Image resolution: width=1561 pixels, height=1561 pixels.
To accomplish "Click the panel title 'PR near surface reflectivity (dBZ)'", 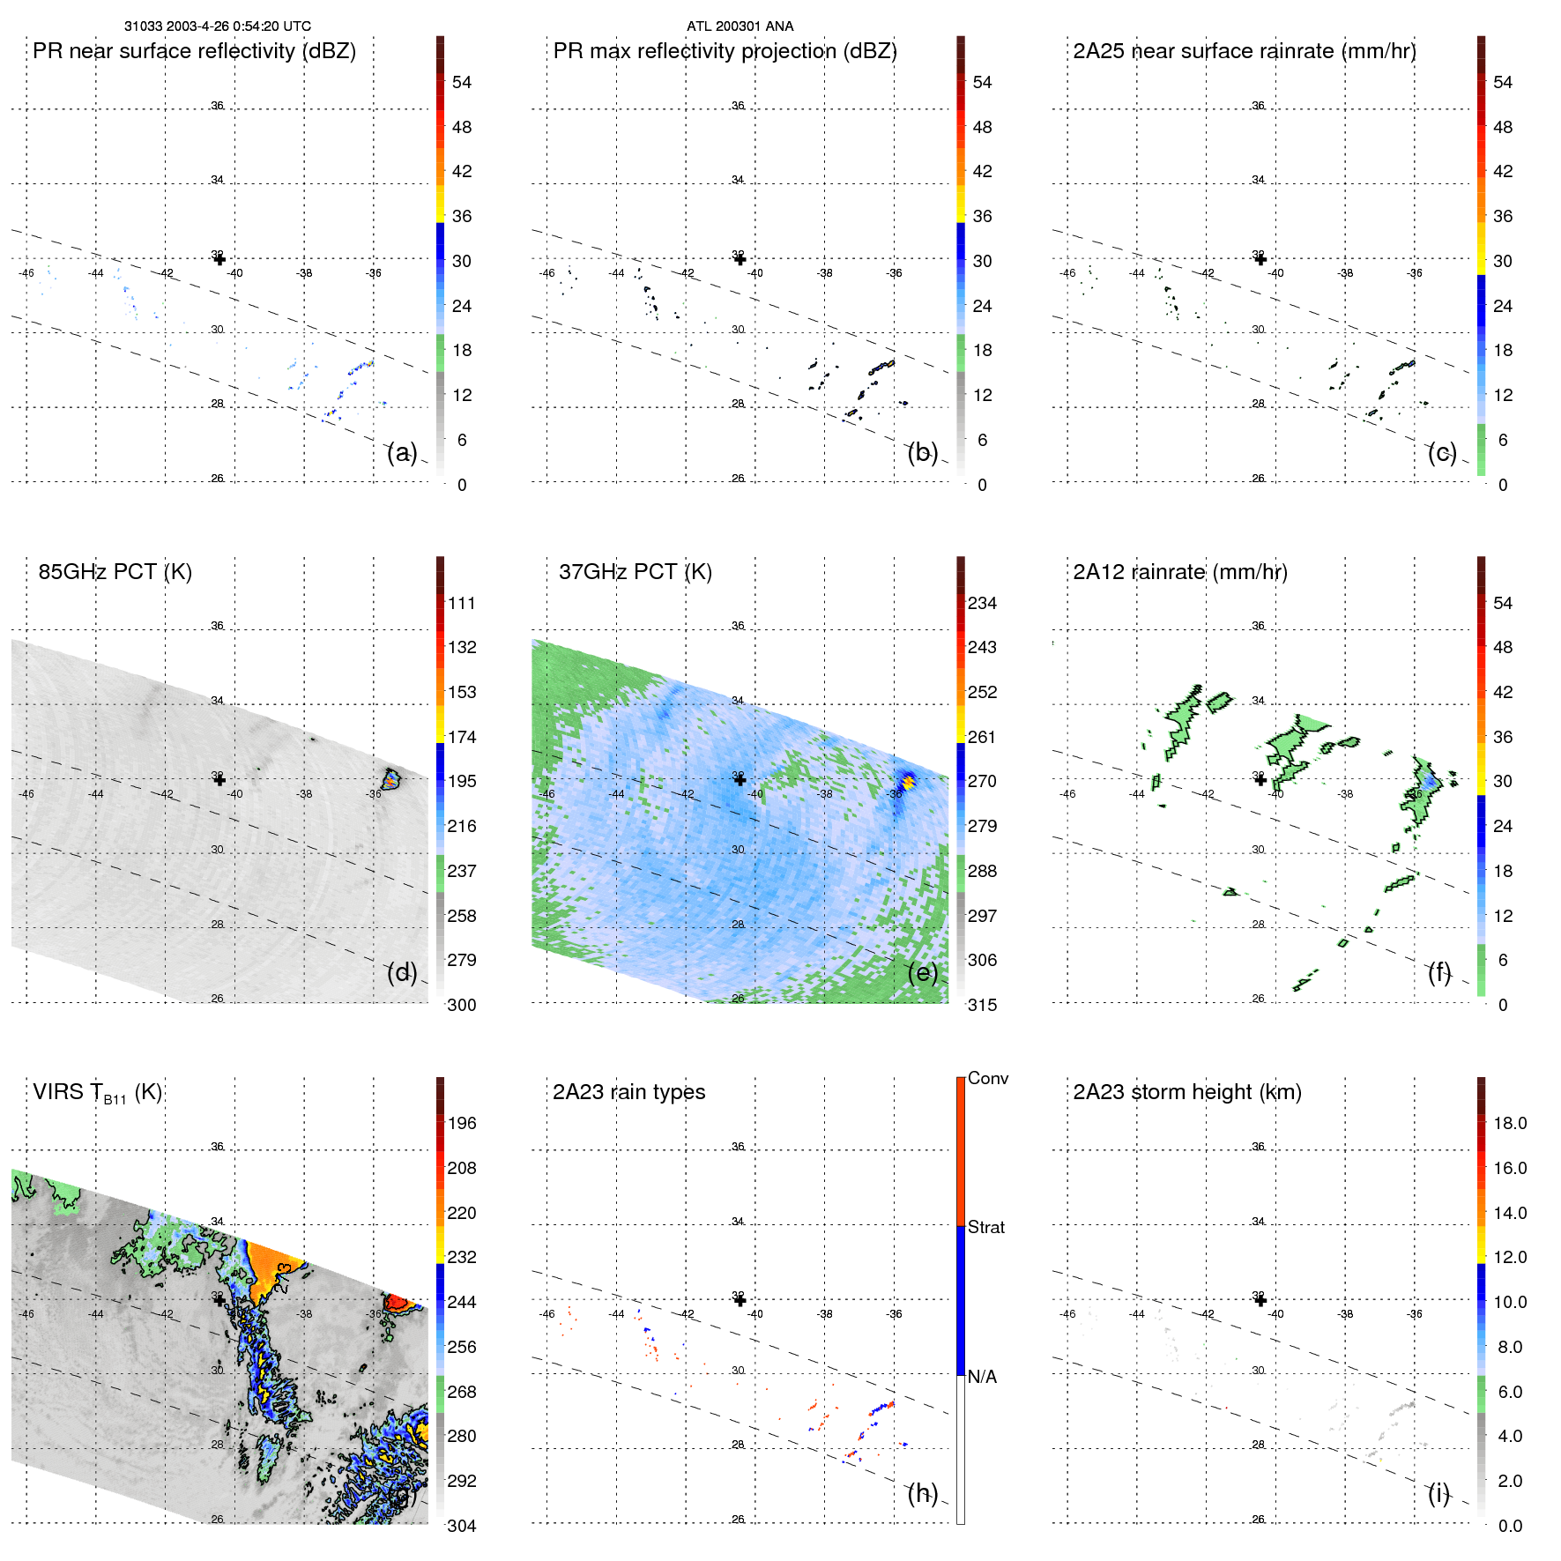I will (x=194, y=51).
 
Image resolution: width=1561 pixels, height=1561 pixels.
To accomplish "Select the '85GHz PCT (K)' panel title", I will (x=115, y=572).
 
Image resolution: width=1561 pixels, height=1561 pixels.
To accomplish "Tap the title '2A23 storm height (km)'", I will (x=1186, y=1092).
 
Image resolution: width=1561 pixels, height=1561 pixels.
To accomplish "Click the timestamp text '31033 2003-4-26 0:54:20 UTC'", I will (x=217, y=26).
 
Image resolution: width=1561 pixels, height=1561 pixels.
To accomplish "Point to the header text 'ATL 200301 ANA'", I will (x=740, y=26).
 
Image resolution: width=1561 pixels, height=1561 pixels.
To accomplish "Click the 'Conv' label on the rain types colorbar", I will (x=987, y=1078).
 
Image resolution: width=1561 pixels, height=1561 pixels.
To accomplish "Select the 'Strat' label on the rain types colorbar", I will (x=985, y=1227).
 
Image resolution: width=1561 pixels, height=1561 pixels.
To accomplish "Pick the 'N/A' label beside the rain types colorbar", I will (x=982, y=1377).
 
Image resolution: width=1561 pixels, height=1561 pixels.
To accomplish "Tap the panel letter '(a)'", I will (x=401, y=453).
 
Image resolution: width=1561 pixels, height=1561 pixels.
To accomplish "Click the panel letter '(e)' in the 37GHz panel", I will (x=922, y=973).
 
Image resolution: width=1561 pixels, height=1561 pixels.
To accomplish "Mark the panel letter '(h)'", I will (x=922, y=1493).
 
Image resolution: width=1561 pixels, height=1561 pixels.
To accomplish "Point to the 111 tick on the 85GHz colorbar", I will (x=461, y=604).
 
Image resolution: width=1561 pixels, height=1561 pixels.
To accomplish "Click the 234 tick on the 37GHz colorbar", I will (x=982, y=604).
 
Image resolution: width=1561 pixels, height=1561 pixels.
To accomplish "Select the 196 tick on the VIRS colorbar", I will (x=461, y=1124).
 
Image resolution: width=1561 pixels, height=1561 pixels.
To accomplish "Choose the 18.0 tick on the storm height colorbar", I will (x=1509, y=1124).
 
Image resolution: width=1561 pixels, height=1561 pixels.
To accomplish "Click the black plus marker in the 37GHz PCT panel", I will (x=740, y=779).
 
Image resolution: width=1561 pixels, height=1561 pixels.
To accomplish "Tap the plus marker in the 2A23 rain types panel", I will (x=740, y=1300).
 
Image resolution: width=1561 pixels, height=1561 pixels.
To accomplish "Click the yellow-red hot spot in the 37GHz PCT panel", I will (x=907, y=782).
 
